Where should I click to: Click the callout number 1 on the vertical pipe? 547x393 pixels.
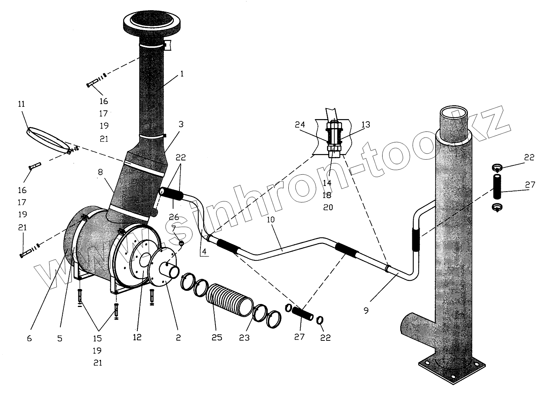[x=182, y=74]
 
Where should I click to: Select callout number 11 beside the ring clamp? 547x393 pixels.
[x=21, y=104]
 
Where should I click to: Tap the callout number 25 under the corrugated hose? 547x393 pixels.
[x=217, y=337]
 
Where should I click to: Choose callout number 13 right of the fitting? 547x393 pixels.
[x=365, y=124]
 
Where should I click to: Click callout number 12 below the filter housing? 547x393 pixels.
[x=137, y=337]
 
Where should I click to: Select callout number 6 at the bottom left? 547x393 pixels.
[x=29, y=338]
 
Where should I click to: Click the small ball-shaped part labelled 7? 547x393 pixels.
[x=181, y=243]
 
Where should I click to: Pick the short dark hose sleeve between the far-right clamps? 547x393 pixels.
[x=497, y=186]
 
